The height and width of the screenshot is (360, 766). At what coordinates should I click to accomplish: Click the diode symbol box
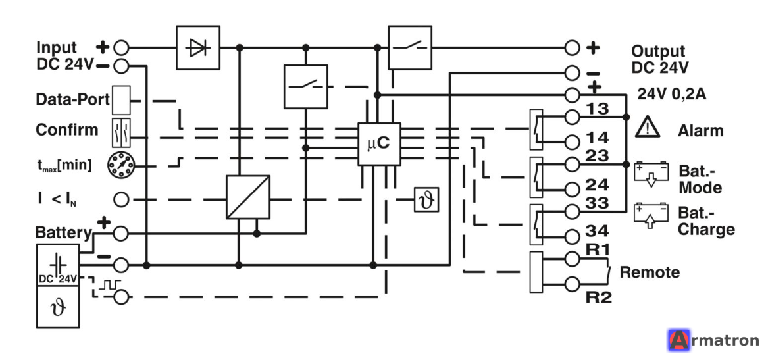click(198, 48)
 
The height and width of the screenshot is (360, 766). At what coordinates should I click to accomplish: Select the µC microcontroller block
click(379, 143)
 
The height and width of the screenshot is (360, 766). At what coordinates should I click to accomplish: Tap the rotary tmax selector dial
click(120, 166)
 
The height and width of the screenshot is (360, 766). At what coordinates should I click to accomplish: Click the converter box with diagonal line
click(248, 197)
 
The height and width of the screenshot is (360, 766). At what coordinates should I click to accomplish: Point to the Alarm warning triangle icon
click(648, 128)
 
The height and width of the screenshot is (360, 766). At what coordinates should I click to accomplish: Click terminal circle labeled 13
click(572, 117)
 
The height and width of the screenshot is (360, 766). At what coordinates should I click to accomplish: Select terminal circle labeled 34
click(572, 236)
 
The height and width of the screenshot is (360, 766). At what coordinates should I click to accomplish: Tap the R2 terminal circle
click(572, 283)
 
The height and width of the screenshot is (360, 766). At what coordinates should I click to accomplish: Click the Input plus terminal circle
click(120, 48)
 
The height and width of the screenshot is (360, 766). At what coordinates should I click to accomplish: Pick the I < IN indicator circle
click(120, 200)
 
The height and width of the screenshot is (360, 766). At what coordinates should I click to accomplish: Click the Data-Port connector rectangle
click(121, 100)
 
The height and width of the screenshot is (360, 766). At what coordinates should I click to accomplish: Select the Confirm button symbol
click(121, 132)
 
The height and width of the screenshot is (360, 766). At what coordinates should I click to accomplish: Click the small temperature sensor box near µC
click(426, 199)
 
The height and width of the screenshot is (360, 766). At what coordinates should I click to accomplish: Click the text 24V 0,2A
click(671, 94)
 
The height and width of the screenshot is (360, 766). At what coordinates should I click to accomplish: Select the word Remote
click(650, 272)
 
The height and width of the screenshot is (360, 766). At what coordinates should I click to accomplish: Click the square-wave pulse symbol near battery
click(109, 284)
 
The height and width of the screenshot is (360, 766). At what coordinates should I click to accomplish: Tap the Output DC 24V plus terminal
click(572, 48)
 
